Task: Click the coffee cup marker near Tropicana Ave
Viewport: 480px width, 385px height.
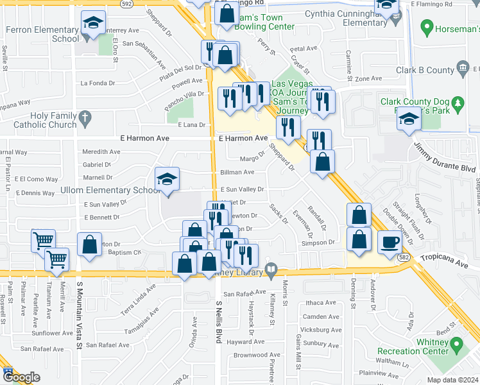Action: click(390, 242)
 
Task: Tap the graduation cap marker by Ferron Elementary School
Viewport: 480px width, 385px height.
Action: click(93, 24)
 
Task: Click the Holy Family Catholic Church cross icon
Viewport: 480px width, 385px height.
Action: click(86, 117)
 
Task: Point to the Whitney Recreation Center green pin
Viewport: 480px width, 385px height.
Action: click(458, 346)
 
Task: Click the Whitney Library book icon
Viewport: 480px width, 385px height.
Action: click(271, 271)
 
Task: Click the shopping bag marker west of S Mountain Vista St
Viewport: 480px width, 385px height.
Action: click(89, 244)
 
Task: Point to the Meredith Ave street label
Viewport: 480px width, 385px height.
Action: click(101, 152)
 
